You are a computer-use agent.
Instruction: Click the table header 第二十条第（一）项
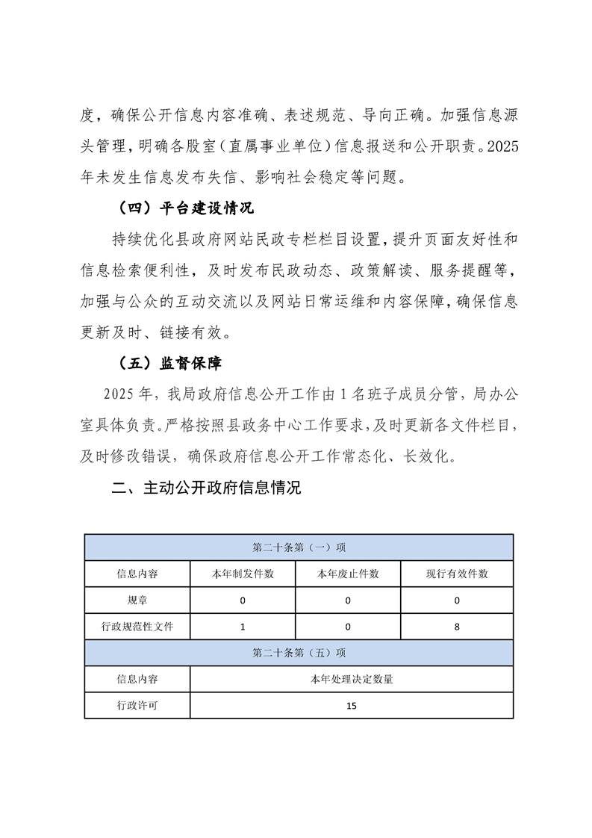(x=299, y=547)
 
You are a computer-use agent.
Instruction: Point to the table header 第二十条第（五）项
(x=299, y=653)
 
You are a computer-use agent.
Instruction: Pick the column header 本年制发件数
(x=243, y=574)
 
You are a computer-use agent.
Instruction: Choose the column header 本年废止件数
(x=348, y=574)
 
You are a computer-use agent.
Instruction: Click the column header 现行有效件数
(x=457, y=574)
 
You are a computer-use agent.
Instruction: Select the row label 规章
(x=137, y=600)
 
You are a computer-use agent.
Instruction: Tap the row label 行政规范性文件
(x=137, y=627)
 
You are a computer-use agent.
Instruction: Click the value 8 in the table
(x=457, y=627)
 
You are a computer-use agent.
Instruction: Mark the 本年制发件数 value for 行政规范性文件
(x=243, y=627)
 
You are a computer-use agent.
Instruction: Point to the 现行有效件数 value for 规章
(x=457, y=600)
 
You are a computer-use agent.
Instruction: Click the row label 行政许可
(x=137, y=705)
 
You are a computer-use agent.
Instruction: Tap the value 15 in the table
(x=352, y=705)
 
